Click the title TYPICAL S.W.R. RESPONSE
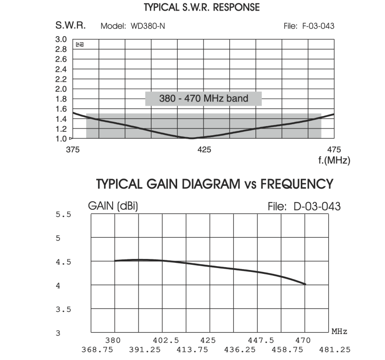pyautogui.click(x=202, y=7)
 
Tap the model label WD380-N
pyautogui.click(x=148, y=26)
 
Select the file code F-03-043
pyautogui.click(x=318, y=26)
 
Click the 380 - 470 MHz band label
pyautogui.click(x=204, y=99)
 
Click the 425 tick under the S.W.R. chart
pyautogui.click(x=205, y=149)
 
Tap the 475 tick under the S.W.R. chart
pyautogui.click(x=334, y=149)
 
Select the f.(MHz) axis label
pyautogui.click(x=334, y=160)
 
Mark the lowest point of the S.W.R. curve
pyautogui.click(x=192, y=138)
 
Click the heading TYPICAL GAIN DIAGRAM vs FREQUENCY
pyautogui.click(x=215, y=184)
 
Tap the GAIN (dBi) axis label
pyautogui.click(x=113, y=206)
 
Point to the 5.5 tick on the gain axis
pyautogui.click(x=64, y=215)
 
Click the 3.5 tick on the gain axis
pyautogui.click(x=64, y=309)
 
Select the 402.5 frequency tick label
pyautogui.click(x=163, y=340)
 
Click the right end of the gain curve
pyautogui.click(x=305, y=284)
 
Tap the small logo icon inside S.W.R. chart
pyautogui.click(x=80, y=44)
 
